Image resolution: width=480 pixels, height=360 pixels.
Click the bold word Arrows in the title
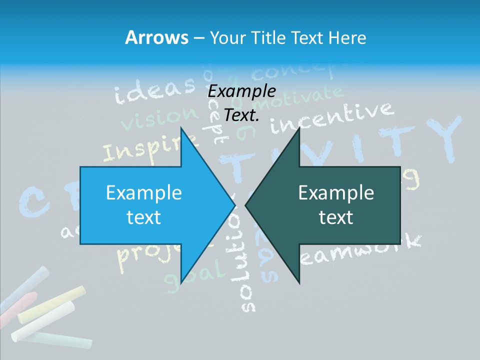click(x=156, y=37)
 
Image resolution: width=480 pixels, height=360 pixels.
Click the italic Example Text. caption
click(x=241, y=103)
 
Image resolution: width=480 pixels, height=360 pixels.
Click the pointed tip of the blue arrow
click(x=233, y=204)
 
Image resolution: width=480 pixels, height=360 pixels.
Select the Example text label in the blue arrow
click(x=144, y=205)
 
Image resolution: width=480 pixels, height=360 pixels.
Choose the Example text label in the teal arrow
click(x=336, y=205)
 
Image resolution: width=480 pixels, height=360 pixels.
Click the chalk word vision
click(x=159, y=119)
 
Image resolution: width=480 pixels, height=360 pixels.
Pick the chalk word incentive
click(x=331, y=118)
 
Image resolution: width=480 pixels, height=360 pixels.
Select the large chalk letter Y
click(x=439, y=138)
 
